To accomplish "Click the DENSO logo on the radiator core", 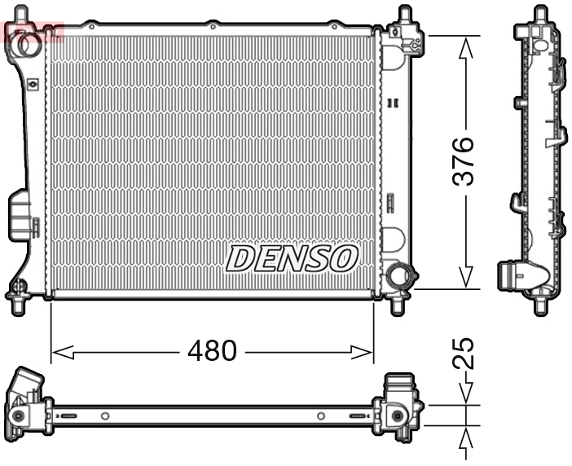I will click(x=291, y=259).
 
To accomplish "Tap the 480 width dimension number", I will click(x=212, y=351).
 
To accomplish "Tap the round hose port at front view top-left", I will click(x=27, y=44).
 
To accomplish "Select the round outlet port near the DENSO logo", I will click(x=399, y=275).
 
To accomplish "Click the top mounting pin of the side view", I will click(x=539, y=14).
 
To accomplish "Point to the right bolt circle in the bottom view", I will click(x=397, y=416).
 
